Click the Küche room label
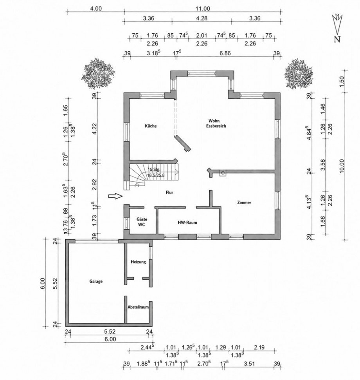coord(151,126)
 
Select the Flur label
coord(169,192)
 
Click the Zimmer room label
coord(244,203)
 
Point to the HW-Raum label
coord(187,223)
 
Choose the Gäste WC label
coord(141,222)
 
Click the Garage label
coord(96,281)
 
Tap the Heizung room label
coord(138,262)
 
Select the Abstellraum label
coord(138,308)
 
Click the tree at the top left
coord(98,74)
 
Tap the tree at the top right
coord(299,74)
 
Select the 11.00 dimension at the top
coord(203,8)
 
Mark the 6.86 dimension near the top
coord(225,53)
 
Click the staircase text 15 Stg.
coord(154,170)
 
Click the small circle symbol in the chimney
coord(223,173)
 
